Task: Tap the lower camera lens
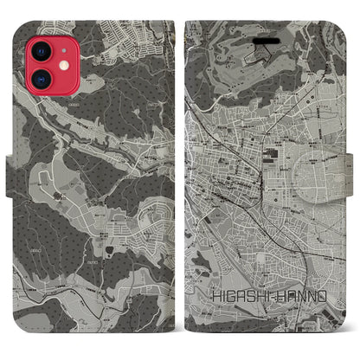click(x=27, y=67)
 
